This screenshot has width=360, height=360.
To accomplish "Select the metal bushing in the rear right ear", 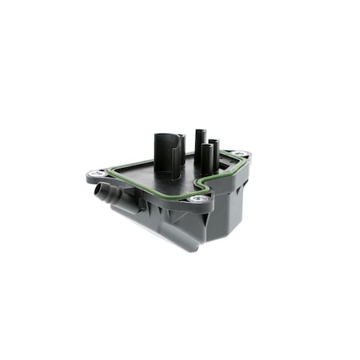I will [x=238, y=154].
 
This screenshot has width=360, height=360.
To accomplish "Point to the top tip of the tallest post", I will [x=200, y=129].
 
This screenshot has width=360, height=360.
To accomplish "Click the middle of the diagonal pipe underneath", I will [x=160, y=228].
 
